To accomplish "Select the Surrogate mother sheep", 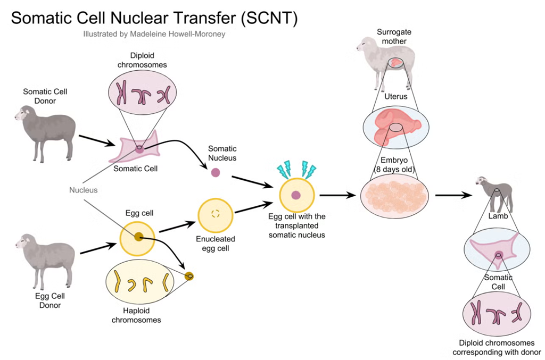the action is [x=386, y=63].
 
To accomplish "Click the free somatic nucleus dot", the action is [x=216, y=172].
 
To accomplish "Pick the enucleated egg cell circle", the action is [x=216, y=215].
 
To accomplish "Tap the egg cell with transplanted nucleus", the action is [x=297, y=195].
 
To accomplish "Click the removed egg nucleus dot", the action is [x=189, y=277].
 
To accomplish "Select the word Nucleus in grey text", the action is [x=84, y=190].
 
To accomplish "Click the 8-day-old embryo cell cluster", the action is [x=394, y=196].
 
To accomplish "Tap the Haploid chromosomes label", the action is [x=136, y=315].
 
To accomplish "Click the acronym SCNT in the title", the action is [x=269, y=18].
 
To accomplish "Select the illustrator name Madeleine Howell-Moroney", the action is [x=178, y=34].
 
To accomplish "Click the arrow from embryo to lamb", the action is [x=453, y=196].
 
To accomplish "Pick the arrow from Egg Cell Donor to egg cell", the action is [x=98, y=248].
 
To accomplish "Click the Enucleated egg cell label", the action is [x=216, y=244].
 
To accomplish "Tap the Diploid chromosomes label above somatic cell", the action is [x=142, y=60].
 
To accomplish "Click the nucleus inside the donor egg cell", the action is [x=139, y=237].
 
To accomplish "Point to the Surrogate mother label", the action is [x=394, y=37].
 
